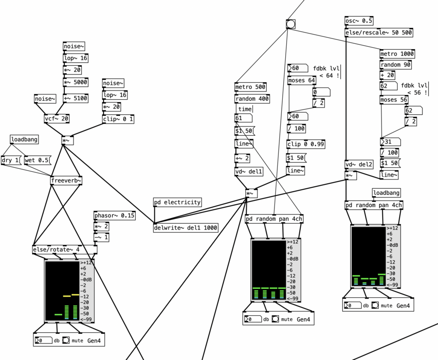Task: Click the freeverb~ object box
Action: tap(66, 181)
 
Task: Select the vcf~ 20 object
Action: tap(56, 118)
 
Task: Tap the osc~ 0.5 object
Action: tap(359, 21)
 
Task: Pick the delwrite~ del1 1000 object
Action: tap(185, 227)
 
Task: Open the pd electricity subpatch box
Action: tap(177, 202)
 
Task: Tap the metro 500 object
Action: tap(251, 87)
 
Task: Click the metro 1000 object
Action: tap(397, 54)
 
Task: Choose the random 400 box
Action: tap(252, 99)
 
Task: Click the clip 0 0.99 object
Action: tap(306, 144)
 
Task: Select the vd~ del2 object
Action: tap(359, 164)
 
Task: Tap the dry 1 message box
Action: tap(11, 161)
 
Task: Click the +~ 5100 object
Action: tap(75, 98)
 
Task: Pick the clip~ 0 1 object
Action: tap(118, 119)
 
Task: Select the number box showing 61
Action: tap(243, 118)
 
